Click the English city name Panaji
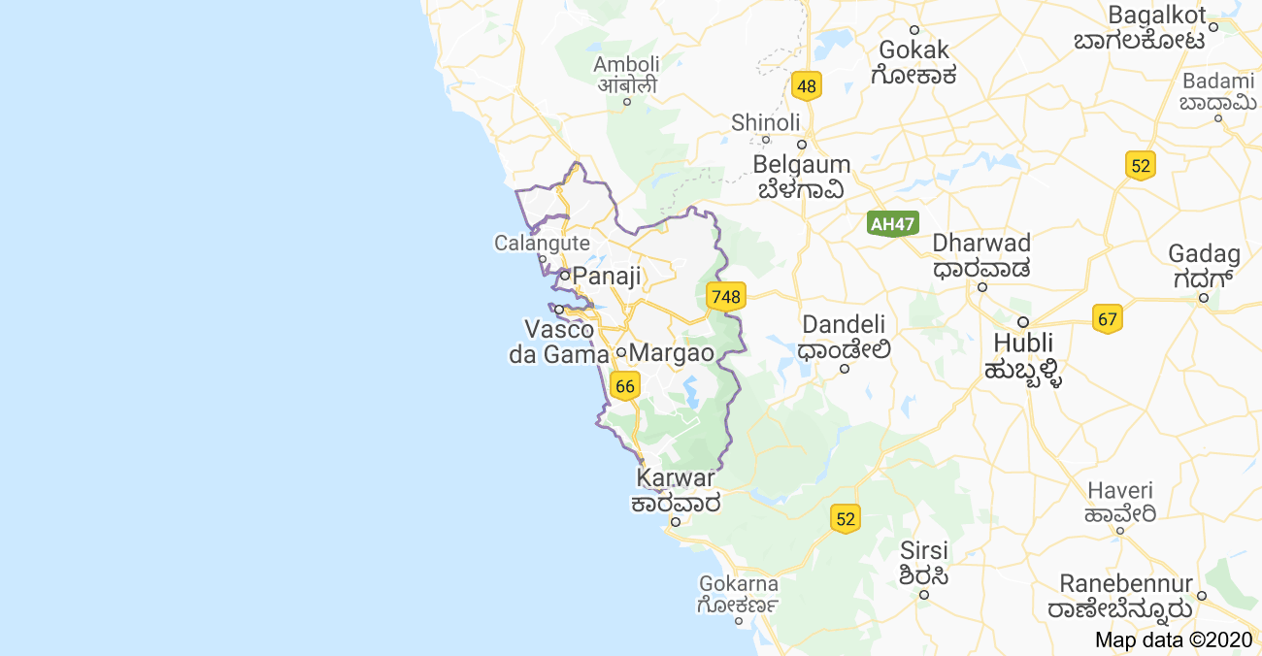(607, 277)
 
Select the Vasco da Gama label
(559, 342)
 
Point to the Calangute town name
(542, 243)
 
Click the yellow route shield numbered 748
(725, 296)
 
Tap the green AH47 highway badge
(892, 224)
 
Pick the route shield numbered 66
(625, 386)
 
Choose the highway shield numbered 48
(806, 86)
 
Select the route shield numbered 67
(1108, 318)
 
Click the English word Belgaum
(802, 164)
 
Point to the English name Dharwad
(981, 243)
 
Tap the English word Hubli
(1023, 343)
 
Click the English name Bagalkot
(1157, 16)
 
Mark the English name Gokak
(914, 49)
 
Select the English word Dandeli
(845, 324)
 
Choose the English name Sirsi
(923, 550)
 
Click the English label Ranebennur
(1126, 584)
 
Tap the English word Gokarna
(739, 583)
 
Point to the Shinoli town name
(766, 122)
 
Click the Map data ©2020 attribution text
(1174, 640)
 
